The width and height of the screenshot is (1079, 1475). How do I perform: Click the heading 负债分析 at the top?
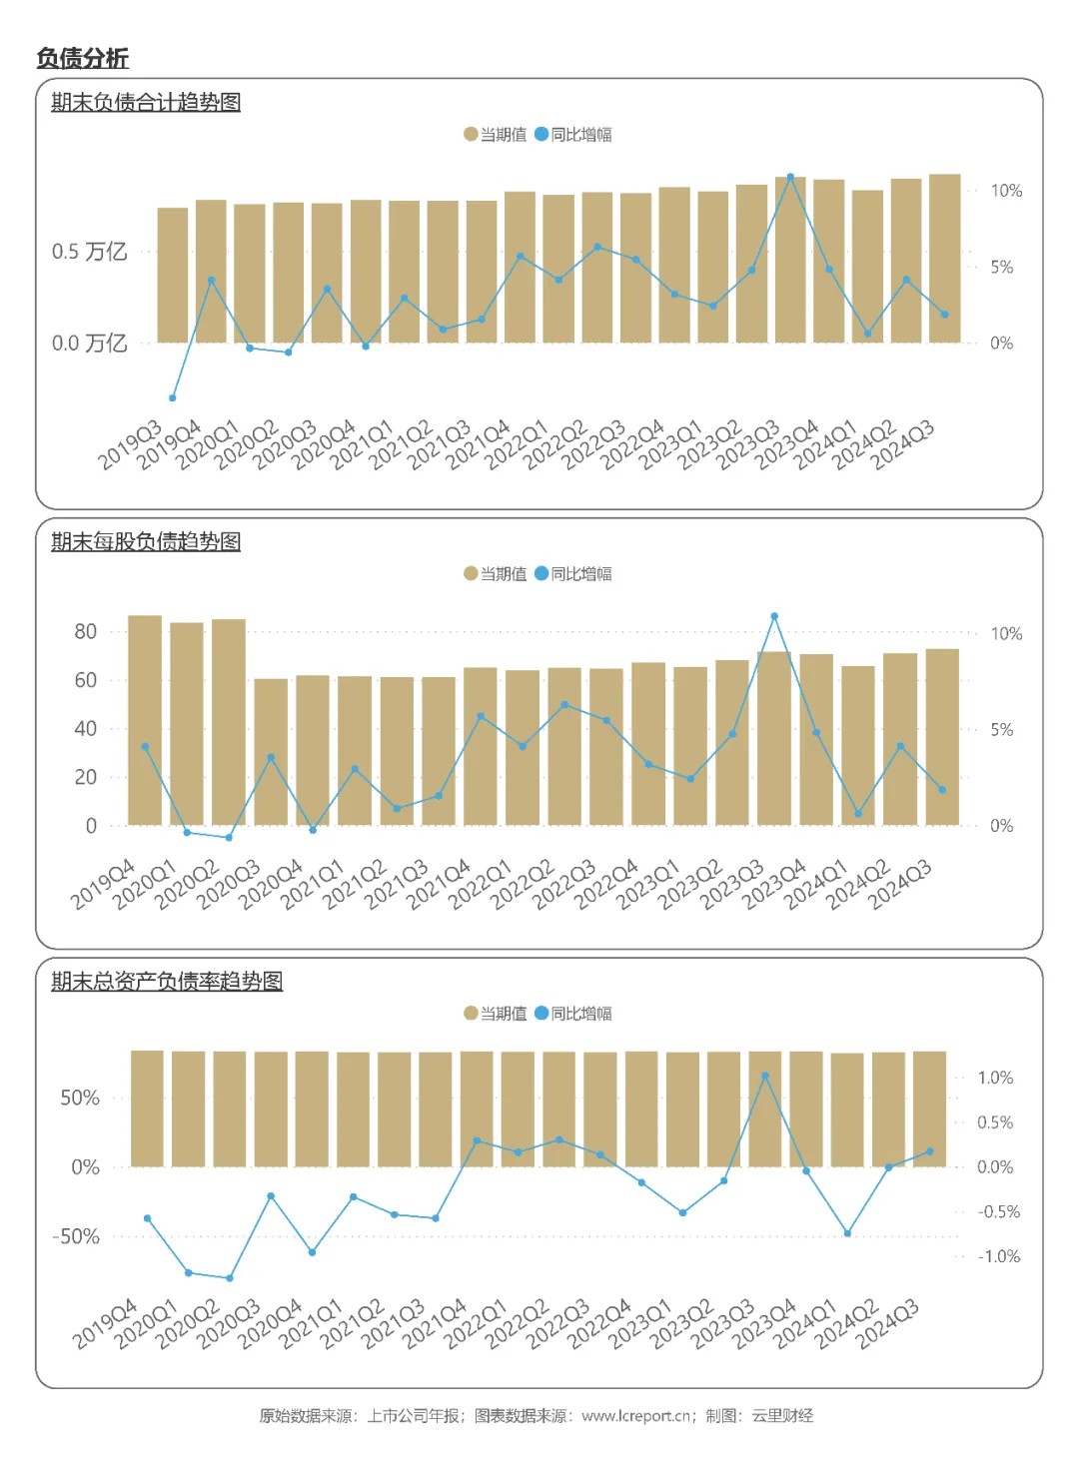[x=83, y=58]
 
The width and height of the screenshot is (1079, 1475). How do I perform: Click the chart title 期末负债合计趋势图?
[x=146, y=102]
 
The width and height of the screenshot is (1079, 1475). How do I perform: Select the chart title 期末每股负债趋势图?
[x=146, y=541]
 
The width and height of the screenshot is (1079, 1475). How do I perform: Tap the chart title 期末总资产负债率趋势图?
[x=167, y=981]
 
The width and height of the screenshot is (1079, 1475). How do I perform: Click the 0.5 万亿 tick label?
[x=89, y=252]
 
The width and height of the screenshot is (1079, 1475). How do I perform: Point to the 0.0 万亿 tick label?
[x=89, y=344]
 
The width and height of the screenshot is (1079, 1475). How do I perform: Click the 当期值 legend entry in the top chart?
[x=496, y=135]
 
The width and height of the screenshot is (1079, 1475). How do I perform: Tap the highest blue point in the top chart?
[x=790, y=177]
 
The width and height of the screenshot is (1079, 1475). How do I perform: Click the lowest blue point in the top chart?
[x=173, y=398]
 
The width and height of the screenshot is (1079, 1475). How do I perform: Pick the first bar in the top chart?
[x=173, y=275]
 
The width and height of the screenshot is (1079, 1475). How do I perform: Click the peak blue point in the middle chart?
[x=774, y=617]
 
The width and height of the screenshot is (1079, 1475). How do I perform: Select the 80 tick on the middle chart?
[x=86, y=631]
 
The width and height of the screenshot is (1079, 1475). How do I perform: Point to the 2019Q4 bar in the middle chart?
[x=145, y=719]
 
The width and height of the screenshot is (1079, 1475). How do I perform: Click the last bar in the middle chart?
[x=942, y=737]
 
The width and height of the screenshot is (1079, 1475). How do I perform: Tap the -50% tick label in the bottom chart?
[x=76, y=1236]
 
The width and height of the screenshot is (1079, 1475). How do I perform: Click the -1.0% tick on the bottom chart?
[x=999, y=1256]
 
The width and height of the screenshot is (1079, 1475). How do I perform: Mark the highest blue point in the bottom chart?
[x=765, y=1077]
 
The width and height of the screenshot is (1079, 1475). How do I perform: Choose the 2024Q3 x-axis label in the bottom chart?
[x=889, y=1325]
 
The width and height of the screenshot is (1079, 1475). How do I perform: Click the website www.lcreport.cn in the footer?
[x=636, y=1416]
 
